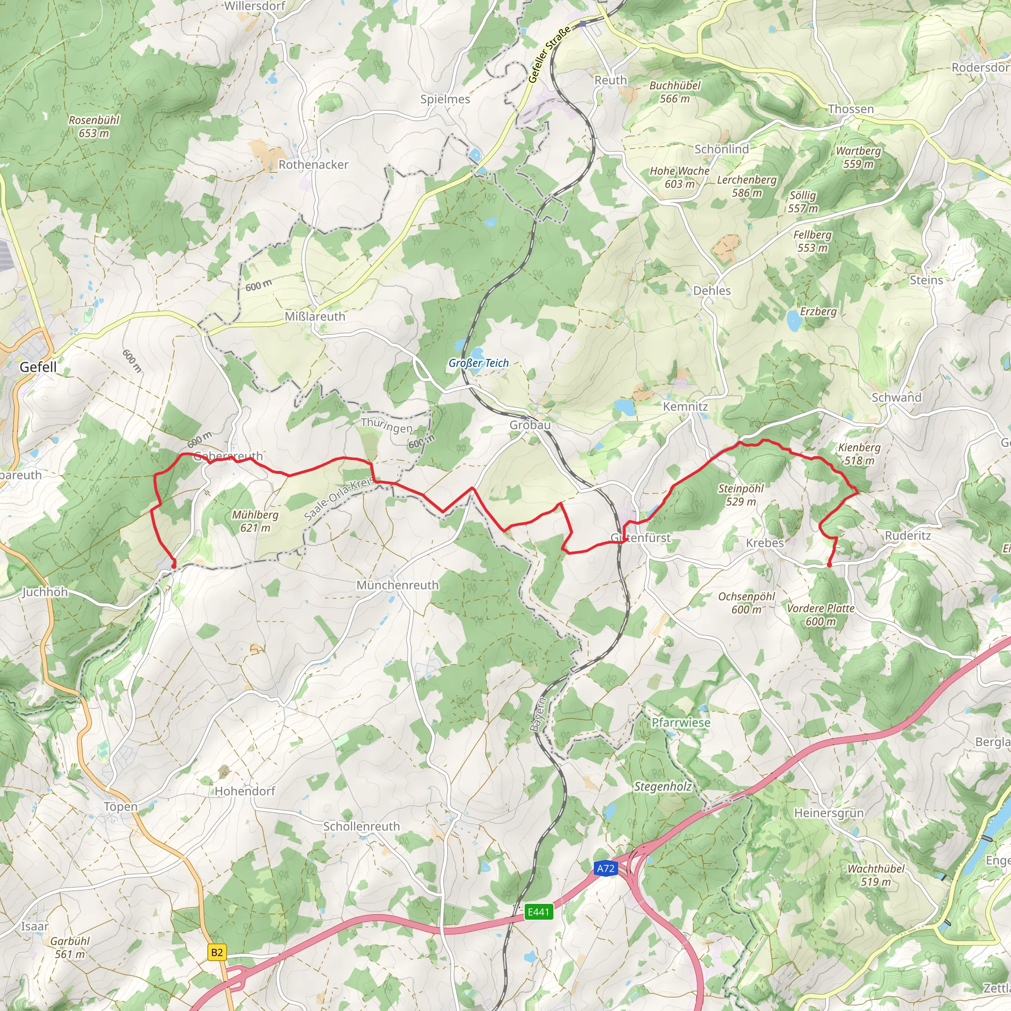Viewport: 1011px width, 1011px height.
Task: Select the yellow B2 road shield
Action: point(217,952)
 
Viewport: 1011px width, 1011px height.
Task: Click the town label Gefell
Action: point(38,367)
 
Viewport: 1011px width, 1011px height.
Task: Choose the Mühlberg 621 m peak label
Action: point(255,521)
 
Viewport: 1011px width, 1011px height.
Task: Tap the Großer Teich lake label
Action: point(478,363)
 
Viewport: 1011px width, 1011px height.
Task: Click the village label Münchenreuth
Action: point(397,585)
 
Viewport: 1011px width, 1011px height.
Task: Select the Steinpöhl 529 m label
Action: point(741,495)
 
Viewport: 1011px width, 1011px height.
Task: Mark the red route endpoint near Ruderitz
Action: point(829,565)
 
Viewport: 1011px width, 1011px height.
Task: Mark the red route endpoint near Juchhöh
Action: point(174,565)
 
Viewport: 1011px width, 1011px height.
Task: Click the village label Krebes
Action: point(765,543)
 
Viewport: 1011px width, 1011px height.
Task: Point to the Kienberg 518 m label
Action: point(859,454)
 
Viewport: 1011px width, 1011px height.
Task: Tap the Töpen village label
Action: point(120,807)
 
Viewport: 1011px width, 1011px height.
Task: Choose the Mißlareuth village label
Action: point(315,316)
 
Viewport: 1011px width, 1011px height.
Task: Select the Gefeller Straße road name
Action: point(548,55)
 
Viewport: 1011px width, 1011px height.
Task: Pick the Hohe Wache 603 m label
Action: point(679,177)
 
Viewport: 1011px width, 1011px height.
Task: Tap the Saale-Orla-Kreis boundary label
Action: point(339,499)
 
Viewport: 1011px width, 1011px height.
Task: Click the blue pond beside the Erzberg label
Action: point(794,321)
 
